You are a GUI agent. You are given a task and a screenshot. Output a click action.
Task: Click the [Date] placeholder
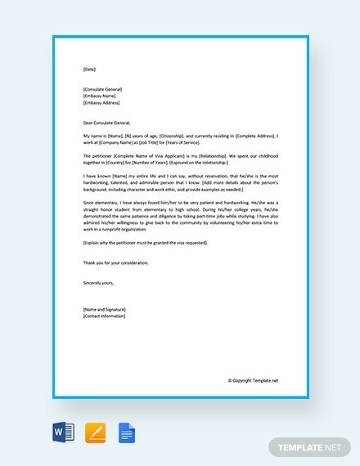[x=88, y=69]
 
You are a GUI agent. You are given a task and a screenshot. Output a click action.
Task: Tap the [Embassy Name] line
[x=98, y=96]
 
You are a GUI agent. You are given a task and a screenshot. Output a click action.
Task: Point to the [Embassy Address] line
[x=100, y=103]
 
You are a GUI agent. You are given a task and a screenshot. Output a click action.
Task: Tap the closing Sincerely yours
[x=99, y=282]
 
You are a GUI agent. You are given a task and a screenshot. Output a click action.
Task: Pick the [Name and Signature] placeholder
[x=101, y=309]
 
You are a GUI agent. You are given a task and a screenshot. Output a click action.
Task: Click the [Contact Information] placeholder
[x=102, y=316]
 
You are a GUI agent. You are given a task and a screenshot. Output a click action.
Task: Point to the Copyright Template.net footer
[x=253, y=380]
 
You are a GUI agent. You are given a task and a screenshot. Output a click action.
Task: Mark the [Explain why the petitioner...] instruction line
[x=146, y=243]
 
